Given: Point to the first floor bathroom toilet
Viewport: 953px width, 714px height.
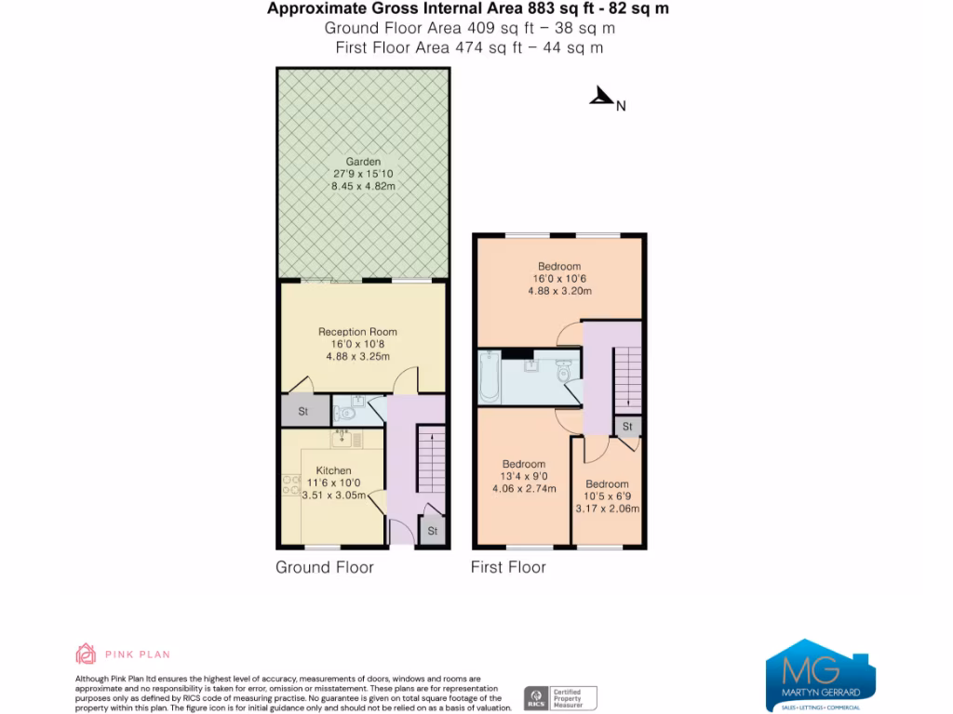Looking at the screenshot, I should coord(563,371).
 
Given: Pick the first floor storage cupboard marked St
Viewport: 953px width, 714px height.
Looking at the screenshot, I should coord(627,426).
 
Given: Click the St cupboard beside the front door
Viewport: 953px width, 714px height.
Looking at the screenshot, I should coord(432,531).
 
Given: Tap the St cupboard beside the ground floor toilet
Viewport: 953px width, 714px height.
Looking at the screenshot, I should coord(303,411).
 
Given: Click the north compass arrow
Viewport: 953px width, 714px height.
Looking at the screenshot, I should coord(602,97).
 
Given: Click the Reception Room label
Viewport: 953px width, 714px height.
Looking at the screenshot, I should coord(357,332).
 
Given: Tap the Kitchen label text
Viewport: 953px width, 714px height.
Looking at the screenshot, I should coord(333,470).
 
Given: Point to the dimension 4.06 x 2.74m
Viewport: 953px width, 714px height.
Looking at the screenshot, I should coord(524,489).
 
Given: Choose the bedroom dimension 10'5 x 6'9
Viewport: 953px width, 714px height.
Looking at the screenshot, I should coord(607,496).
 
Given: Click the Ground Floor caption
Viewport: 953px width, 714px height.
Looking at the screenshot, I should coord(325,567).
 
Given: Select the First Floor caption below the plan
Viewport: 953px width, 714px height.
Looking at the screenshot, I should coord(508,567).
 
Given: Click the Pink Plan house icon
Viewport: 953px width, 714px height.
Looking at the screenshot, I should coord(86,654).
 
